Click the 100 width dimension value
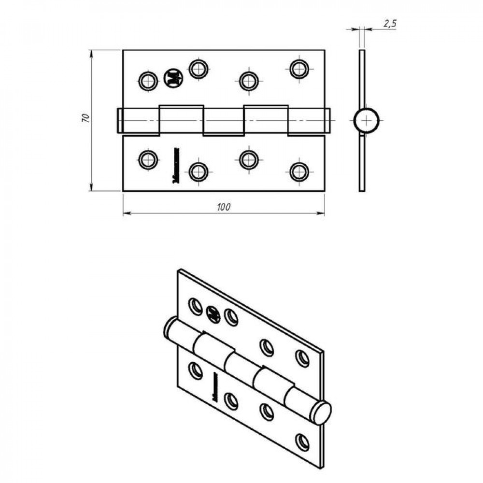coord(223,207)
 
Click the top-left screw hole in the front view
coord(148,81)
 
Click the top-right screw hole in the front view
coord(299,69)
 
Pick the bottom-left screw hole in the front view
coord(148,159)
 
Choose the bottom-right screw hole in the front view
coord(299,171)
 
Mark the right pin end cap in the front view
coord(328,120)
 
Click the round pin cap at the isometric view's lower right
coord(321,413)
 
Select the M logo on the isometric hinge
coord(213,314)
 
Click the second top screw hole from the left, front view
coord(198,69)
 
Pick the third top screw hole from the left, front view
coord(248,81)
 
